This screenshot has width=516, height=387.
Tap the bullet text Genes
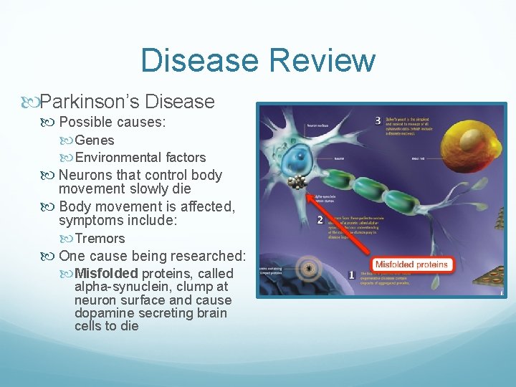pos(95,140)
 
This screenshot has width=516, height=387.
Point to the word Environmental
pos(118,158)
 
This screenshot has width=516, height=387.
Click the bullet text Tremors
pos(100,239)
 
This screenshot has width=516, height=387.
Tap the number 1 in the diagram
pos(351,274)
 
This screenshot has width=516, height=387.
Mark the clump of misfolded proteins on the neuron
pos(294,182)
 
